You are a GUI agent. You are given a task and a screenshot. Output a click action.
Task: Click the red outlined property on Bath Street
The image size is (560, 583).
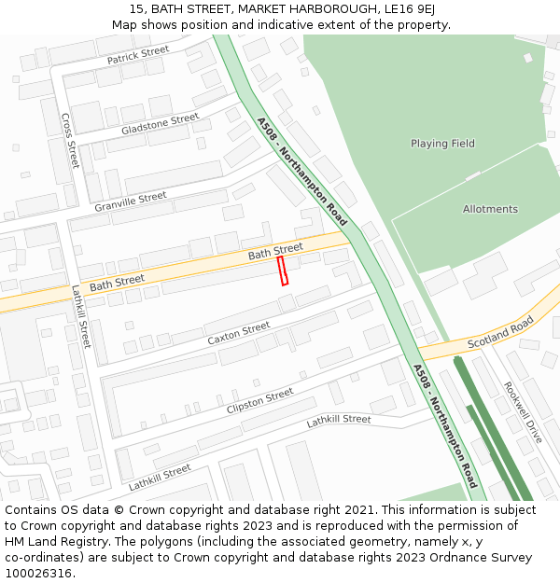[x=283, y=271]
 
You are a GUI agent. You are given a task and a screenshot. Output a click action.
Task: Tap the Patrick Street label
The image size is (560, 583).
[x=137, y=56]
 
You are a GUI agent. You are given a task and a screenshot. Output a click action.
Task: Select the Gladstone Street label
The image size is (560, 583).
[x=160, y=124]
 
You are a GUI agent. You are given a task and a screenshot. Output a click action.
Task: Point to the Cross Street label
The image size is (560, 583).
[x=70, y=141]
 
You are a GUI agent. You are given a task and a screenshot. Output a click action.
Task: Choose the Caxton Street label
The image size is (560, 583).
[x=238, y=332]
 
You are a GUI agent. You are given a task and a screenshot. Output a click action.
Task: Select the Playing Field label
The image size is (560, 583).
[x=442, y=144]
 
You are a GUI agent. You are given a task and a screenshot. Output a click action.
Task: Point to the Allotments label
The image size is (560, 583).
[x=490, y=209]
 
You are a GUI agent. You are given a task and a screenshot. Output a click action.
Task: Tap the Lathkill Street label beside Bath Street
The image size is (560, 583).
[x=81, y=316]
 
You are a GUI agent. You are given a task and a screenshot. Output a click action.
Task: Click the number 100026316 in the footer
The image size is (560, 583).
[x=37, y=574]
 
